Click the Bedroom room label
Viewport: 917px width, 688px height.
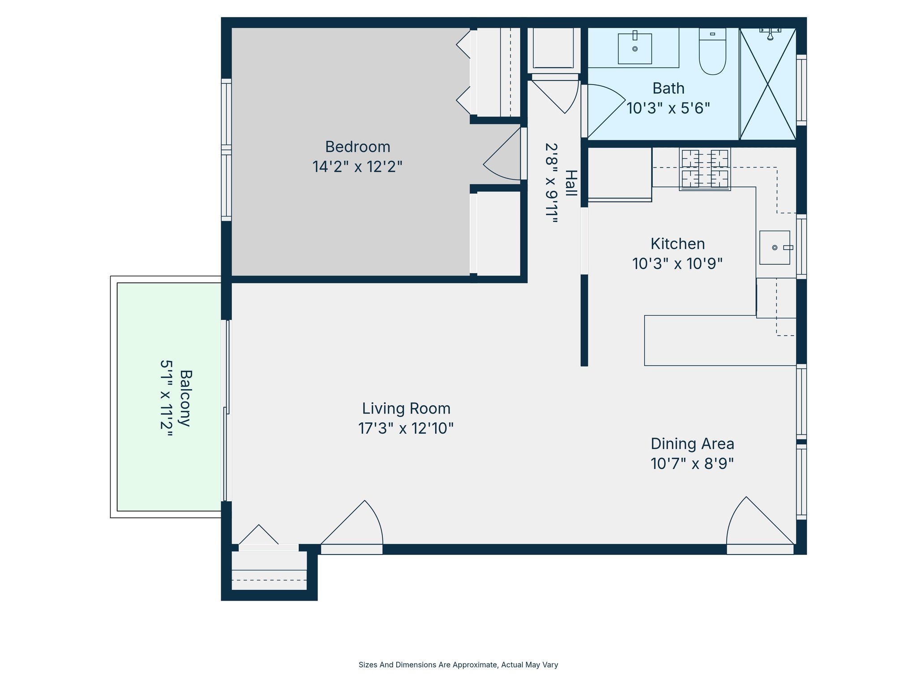click(357, 147)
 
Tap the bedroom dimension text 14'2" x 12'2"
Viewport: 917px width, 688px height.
click(357, 167)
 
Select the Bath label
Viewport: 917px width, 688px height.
click(668, 88)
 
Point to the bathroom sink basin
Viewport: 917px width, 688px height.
click(634, 48)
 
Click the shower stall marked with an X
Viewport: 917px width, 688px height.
click(767, 84)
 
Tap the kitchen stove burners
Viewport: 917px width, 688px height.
click(705, 169)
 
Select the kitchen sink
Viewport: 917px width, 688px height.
click(775, 248)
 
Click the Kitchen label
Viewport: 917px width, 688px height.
click(677, 244)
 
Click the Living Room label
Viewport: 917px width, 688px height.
click(406, 408)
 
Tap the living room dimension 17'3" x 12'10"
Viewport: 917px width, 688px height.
click(406, 428)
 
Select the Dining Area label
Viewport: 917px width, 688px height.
click(692, 444)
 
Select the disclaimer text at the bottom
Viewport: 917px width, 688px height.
click(458, 665)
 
